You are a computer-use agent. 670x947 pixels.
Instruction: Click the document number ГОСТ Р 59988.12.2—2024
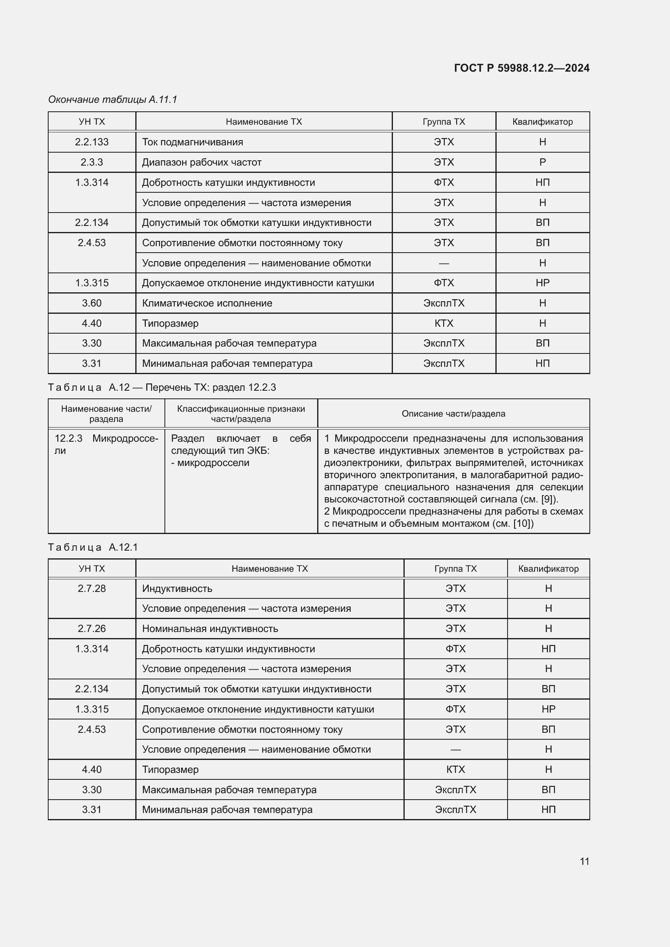click(521, 68)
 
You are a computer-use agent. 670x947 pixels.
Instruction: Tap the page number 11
click(584, 861)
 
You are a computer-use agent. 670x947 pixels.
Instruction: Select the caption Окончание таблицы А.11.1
click(113, 100)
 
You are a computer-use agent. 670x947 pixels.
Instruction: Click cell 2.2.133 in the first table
click(92, 142)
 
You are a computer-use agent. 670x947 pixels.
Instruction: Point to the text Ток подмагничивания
click(192, 142)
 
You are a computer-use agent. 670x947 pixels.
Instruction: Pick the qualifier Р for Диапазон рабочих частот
click(542, 162)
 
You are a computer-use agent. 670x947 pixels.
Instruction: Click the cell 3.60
click(92, 303)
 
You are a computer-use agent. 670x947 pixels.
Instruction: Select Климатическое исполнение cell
click(207, 303)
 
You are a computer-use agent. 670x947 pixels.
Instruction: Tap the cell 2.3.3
click(92, 162)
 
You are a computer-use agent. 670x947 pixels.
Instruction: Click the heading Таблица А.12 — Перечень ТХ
click(162, 387)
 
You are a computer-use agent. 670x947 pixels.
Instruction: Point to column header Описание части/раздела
click(453, 414)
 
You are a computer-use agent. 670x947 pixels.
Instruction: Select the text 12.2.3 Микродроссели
click(106, 444)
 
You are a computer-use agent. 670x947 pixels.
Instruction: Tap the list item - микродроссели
click(210, 463)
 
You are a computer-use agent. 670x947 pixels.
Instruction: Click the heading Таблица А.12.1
click(93, 547)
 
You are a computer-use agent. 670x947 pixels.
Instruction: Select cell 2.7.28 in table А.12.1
click(92, 589)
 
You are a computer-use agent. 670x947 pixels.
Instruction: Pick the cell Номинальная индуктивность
click(210, 629)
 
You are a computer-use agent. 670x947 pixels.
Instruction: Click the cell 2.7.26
click(92, 629)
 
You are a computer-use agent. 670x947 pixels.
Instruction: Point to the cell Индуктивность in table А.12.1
click(177, 589)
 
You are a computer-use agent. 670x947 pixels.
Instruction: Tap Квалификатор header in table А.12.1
click(548, 569)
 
